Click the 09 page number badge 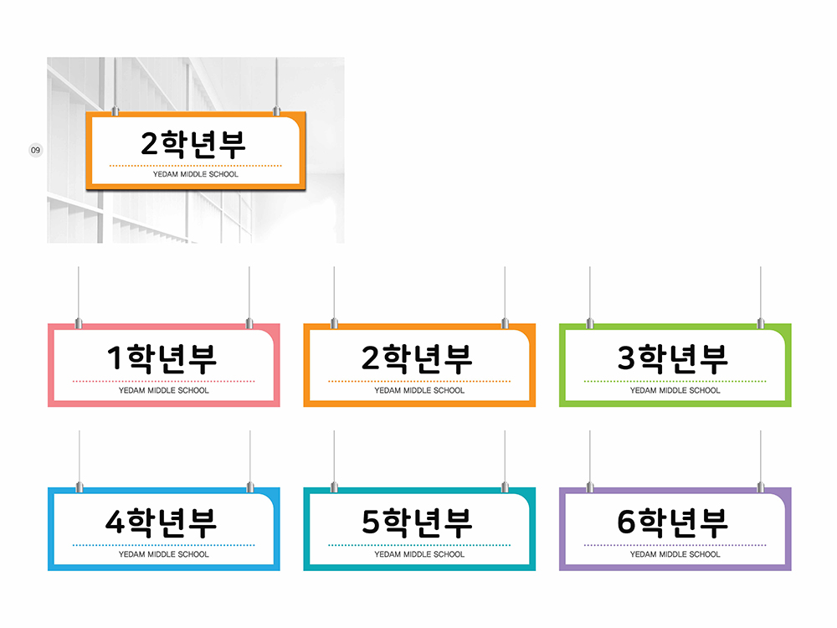[35, 150]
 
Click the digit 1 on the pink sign [114, 358]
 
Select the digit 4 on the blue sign [115, 522]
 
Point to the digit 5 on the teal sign [371, 522]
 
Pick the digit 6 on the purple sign [626, 522]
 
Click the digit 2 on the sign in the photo [150, 143]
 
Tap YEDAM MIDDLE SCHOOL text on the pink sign [163, 390]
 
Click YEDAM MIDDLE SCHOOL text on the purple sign [675, 554]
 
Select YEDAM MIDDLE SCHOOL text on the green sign [675, 390]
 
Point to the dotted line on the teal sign [419, 545]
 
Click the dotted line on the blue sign [163, 545]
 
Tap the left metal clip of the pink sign [79, 323]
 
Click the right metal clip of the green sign [761, 323]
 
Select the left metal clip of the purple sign [590, 487]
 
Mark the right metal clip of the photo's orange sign [276, 111]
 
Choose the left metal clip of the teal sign [334, 487]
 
